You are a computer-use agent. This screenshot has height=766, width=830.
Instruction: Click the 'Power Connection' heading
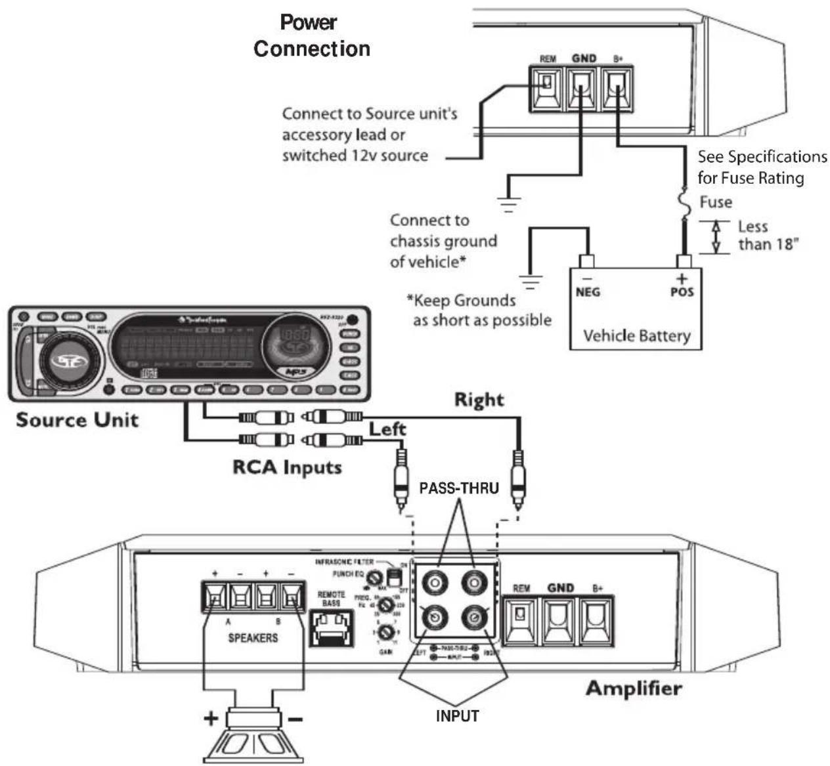[311, 36]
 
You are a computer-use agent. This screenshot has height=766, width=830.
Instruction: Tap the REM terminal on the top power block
[547, 88]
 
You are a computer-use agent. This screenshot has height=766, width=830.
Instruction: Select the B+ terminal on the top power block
[618, 88]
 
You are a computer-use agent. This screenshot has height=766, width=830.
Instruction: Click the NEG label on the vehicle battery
[587, 291]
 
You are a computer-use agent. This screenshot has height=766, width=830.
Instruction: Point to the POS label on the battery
[682, 291]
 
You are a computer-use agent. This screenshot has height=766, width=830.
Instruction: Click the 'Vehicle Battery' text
[636, 336]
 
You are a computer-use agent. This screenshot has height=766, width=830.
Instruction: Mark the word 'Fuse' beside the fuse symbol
[715, 202]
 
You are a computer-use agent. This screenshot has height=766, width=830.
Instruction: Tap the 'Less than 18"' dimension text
[766, 235]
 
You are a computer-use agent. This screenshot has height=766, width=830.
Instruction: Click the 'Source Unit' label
[77, 419]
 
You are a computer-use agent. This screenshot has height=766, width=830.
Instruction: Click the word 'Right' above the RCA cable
[479, 400]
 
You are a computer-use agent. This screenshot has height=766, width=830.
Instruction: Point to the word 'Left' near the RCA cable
[387, 429]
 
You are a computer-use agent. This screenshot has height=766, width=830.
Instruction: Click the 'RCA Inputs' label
[287, 467]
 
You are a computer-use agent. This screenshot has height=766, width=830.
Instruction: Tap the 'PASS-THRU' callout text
[458, 488]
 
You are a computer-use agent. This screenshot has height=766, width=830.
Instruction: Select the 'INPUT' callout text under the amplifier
[457, 715]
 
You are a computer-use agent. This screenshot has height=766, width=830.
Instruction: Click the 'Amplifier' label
[633, 688]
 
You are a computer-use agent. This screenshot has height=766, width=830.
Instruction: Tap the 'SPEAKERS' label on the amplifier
[253, 637]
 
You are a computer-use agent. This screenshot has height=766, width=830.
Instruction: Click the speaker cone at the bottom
[253, 742]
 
